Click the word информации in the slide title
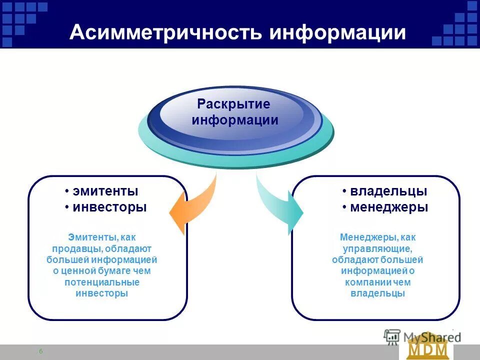click(x=337, y=32)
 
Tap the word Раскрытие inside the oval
click(x=233, y=104)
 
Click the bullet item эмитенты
click(x=105, y=191)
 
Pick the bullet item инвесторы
click(x=109, y=207)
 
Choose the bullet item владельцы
click(x=388, y=191)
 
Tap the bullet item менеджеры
click(x=388, y=207)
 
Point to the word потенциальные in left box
click(x=102, y=282)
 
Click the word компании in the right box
click(x=364, y=282)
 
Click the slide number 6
click(x=40, y=351)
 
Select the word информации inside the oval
click(x=235, y=120)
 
